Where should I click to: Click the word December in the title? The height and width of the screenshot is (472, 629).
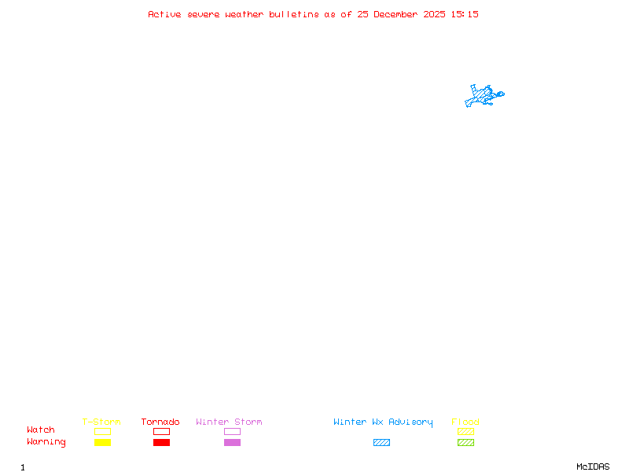pos(395,14)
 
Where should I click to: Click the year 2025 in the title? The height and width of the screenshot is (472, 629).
pos(434,14)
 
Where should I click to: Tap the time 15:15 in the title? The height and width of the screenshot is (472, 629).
pos(465,14)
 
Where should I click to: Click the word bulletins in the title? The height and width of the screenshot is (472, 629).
pos(293,14)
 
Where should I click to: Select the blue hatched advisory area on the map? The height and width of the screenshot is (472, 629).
pos(483,96)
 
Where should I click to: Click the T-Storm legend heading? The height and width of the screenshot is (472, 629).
pos(101,422)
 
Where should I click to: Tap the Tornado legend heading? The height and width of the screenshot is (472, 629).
pos(160,422)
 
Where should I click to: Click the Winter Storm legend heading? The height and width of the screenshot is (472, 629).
pos(229,422)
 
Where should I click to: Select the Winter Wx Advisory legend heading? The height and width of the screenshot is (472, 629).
pos(383,422)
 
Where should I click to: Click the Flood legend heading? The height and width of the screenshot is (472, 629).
pos(465,422)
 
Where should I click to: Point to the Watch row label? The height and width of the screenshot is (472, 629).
pos(41,430)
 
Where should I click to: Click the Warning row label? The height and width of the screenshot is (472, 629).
pos(46,442)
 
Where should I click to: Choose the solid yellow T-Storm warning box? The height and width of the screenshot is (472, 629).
pos(103,442)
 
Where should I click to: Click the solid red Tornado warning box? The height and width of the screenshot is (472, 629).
pos(162,442)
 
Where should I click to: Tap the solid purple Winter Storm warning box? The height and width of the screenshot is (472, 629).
pos(232,442)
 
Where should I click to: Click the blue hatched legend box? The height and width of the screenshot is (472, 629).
pos(381,442)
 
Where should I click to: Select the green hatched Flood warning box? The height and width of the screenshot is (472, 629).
pos(465,442)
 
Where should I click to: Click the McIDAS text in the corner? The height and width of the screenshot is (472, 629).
pos(593,466)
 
